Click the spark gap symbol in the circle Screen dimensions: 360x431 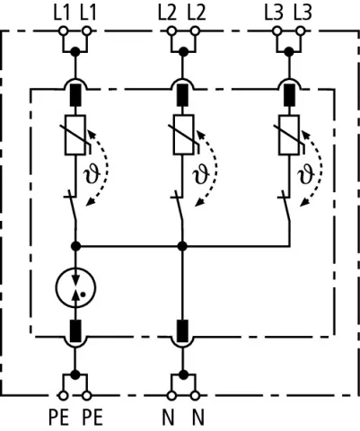(75, 287)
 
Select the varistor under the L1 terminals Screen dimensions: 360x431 (75, 135)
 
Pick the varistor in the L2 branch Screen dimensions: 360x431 (183, 135)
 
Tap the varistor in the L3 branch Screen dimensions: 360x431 (289, 135)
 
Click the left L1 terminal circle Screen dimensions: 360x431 (63, 31)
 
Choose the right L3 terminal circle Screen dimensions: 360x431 (301, 31)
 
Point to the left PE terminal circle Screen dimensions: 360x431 (63, 396)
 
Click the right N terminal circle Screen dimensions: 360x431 (195, 396)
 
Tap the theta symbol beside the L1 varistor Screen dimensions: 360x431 (92, 175)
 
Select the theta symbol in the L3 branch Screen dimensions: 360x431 (306, 175)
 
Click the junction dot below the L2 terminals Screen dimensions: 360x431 (183, 52)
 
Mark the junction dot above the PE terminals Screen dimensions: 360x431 (75, 374)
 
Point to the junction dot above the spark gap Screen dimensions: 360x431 (75, 246)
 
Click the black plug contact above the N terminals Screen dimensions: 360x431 (182, 330)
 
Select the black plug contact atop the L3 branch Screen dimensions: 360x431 (289, 95)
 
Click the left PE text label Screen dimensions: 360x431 (59, 418)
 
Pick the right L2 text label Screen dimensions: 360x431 (197, 13)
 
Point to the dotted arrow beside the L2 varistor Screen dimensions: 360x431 (211, 168)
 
